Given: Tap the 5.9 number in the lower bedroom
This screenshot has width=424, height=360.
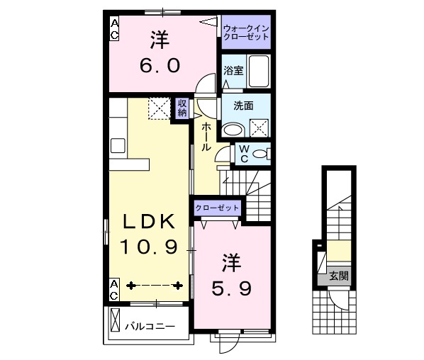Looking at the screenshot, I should coord(231,288).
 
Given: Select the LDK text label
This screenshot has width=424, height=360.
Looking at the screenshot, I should coord(149,222).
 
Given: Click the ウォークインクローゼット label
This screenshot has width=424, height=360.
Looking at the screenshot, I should coord(245,32).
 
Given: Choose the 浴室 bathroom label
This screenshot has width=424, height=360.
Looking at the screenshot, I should coord(233,70).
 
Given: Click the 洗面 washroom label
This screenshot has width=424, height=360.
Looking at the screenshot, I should coord(243,106).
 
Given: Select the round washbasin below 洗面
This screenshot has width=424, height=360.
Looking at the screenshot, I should coord(232,130).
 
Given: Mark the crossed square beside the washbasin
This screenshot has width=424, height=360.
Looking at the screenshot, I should coord(259,128).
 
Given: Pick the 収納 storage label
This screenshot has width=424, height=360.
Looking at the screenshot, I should coord(182,108).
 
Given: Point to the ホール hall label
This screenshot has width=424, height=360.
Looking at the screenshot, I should coord(205,136).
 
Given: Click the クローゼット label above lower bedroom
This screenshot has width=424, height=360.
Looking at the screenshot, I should coord(218,208).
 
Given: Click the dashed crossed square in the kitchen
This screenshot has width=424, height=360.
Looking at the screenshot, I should coord(158,108).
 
